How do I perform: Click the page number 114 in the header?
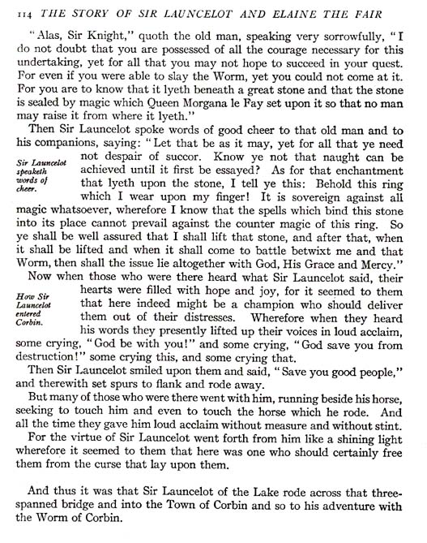click(14, 11)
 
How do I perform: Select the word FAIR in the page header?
click(404, 11)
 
